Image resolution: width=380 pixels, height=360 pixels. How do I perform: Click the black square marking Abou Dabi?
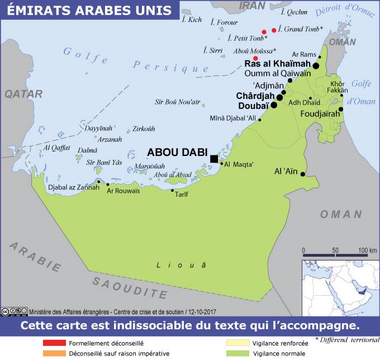click(213, 159)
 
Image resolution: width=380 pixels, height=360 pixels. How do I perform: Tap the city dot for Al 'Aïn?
click(303, 174)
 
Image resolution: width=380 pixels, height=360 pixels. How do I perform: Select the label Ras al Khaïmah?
click(277, 64)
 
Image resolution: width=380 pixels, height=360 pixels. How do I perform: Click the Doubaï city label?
click(253, 105)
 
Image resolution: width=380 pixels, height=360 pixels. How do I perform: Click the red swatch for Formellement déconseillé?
click(54, 343)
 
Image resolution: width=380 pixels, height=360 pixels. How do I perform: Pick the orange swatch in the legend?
click(54, 354)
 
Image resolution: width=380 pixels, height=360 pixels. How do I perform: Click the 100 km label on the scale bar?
click(367, 250)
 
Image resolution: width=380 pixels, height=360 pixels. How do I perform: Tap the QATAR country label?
click(23, 94)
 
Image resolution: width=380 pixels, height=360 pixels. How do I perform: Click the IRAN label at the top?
click(252, 6)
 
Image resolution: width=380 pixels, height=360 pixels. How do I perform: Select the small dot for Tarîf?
click(172, 191)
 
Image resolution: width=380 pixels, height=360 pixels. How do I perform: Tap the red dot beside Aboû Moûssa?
click(255, 58)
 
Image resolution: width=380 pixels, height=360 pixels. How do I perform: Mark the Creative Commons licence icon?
click(14, 311)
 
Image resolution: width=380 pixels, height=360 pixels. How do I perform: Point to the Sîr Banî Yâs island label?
click(104, 162)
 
